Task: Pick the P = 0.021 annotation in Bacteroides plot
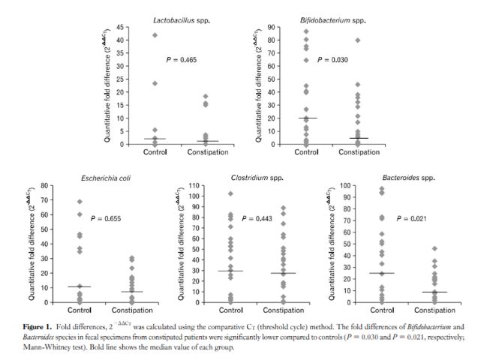point(410,218)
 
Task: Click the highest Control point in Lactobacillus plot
point(155,35)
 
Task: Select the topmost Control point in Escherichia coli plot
point(80,202)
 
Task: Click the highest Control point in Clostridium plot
point(230,193)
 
